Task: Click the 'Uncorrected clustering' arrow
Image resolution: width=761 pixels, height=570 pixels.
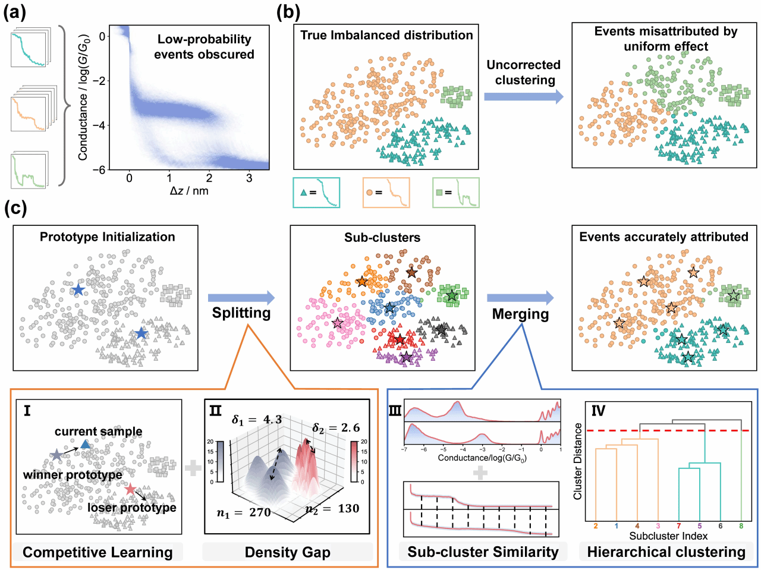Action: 523,96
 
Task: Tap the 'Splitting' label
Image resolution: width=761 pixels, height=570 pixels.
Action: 241,313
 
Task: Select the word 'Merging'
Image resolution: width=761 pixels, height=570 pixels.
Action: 520,314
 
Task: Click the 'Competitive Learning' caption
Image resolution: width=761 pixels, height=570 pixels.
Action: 98,552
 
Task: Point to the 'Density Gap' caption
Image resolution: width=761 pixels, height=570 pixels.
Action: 288,552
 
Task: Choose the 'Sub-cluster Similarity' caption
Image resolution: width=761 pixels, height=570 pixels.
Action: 483,552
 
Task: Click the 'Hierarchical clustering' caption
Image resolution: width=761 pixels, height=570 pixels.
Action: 666,552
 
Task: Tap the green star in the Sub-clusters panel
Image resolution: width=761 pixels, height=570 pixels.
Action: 452,295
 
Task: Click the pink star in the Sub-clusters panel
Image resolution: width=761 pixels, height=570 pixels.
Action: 338,323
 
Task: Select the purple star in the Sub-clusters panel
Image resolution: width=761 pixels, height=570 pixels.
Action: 406,357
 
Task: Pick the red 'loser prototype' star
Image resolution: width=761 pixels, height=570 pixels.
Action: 130,489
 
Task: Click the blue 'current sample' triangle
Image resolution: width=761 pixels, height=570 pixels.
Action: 86,444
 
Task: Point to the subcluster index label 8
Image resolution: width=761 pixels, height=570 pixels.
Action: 741,526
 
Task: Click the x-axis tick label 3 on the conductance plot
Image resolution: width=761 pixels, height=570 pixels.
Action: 249,178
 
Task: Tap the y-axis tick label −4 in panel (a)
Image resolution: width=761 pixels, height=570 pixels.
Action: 102,125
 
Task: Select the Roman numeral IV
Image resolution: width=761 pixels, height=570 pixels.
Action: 598,410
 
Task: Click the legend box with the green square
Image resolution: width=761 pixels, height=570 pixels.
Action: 456,193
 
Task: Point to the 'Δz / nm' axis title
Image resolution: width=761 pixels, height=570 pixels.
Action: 188,191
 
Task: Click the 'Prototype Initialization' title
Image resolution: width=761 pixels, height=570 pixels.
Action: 108,237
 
